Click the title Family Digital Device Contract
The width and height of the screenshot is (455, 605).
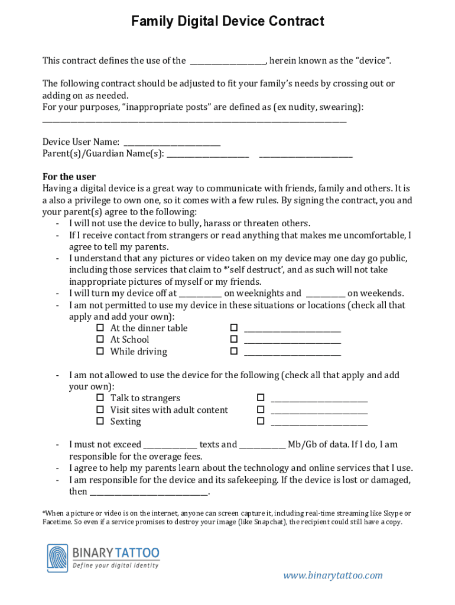click(227, 22)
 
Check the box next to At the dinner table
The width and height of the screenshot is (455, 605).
click(100, 328)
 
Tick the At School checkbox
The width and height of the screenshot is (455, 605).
click(100, 339)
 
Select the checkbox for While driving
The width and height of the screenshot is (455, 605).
click(100, 351)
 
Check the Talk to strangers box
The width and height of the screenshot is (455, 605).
click(100, 398)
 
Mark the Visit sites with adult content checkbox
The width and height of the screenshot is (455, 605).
click(100, 409)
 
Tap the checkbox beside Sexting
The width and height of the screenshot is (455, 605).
click(100, 421)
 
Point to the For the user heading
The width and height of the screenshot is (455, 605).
click(69, 177)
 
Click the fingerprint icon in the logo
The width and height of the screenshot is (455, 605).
click(58, 558)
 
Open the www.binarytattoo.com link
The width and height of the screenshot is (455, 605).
click(333, 575)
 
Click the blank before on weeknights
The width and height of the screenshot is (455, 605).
click(200, 294)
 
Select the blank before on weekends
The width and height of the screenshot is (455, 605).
click(326, 294)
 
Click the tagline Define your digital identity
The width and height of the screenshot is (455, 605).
click(116, 565)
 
